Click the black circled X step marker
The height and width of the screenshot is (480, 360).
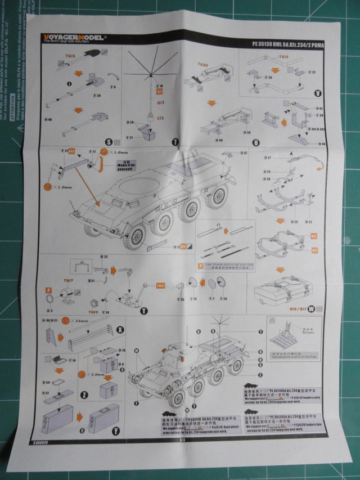pyautogui.click(x=119, y=328)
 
